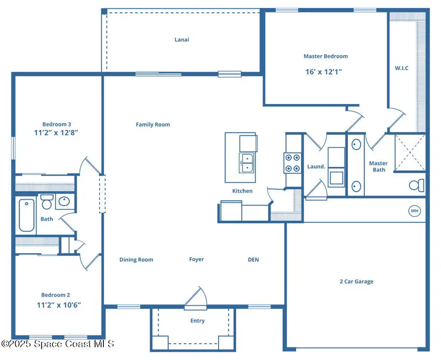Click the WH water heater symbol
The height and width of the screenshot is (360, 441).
click(x=415, y=211)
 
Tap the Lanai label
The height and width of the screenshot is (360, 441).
click(x=182, y=40)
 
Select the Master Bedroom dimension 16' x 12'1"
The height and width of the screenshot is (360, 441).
click(x=323, y=72)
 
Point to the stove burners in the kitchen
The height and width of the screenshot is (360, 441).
click(x=293, y=163)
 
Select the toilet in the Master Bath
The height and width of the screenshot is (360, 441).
click(x=417, y=186)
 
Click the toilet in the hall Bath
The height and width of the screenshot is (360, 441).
click(x=47, y=201)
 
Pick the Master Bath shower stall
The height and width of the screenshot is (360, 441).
click(x=410, y=152)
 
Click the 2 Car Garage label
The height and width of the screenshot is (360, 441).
click(x=356, y=282)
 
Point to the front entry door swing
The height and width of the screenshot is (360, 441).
click(x=196, y=298)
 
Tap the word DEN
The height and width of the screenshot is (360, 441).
click(x=253, y=259)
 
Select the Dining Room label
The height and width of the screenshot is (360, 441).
click(x=136, y=259)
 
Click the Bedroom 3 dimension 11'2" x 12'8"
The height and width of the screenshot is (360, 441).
click(x=57, y=132)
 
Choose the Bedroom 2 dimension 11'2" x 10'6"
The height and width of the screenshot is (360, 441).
click(x=59, y=305)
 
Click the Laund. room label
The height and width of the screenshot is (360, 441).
click(x=316, y=167)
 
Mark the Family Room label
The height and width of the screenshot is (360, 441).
click(x=153, y=125)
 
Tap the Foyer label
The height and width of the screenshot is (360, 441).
click(x=196, y=259)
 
